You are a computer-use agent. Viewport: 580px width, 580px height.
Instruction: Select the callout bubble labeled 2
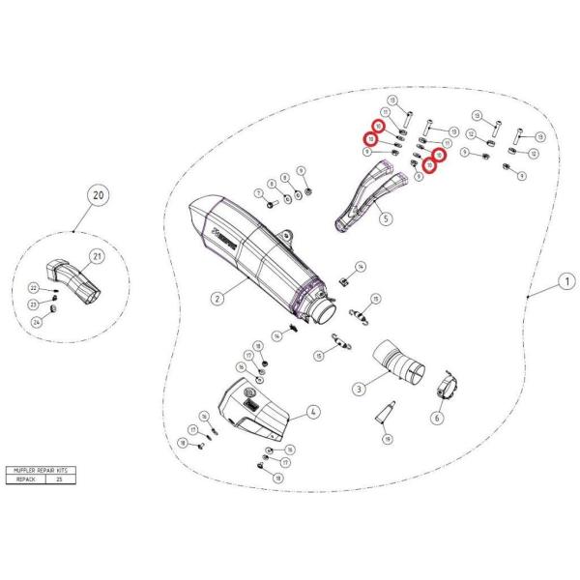(218, 299)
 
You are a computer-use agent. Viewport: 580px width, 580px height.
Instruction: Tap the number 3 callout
(359, 389)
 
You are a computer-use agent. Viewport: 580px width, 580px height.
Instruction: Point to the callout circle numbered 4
(313, 413)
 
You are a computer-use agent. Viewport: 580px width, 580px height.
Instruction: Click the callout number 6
(436, 419)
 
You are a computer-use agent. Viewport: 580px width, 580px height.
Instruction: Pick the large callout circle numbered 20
(97, 195)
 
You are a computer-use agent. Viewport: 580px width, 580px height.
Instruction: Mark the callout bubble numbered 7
(258, 192)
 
